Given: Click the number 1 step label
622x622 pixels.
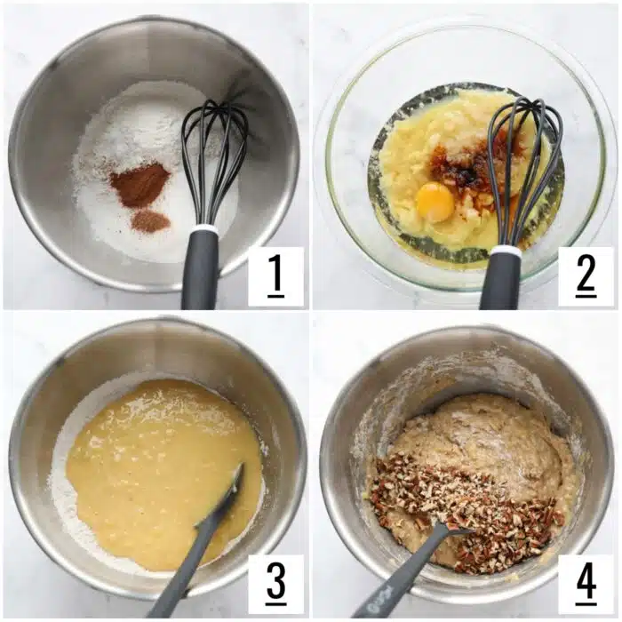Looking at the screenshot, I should [275, 276].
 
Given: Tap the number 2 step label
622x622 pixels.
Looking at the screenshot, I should [586, 276].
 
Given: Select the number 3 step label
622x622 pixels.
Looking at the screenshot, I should [275, 584].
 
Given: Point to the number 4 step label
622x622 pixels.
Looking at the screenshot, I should [586, 584].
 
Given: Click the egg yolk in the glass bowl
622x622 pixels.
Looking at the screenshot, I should [435, 203].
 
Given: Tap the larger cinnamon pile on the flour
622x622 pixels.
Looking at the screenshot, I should [139, 185].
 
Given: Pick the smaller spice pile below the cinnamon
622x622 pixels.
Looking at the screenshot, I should [150, 221].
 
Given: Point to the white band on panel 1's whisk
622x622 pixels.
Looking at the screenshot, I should [203, 230].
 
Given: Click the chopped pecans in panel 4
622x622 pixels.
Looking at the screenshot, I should [462, 511].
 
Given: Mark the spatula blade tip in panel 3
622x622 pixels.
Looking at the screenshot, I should [238, 471].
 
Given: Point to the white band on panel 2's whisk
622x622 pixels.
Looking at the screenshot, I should [505, 251].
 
